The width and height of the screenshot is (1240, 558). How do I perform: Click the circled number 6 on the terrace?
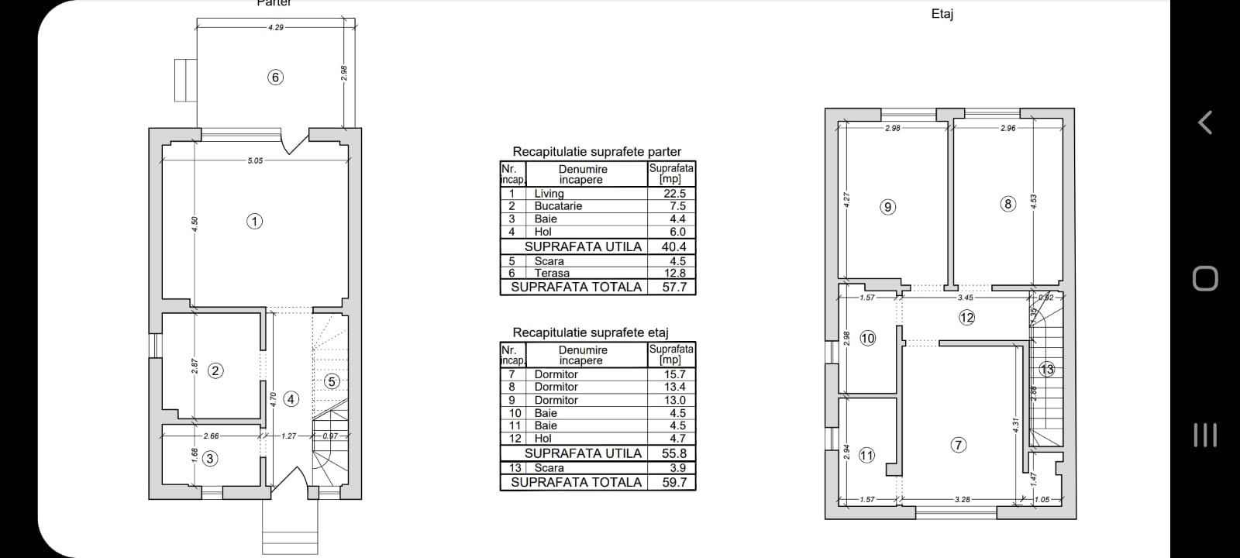tap(275, 77)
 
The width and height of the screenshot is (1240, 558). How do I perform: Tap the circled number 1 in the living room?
tap(254, 221)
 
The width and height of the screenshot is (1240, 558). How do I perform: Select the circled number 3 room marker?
tap(210, 458)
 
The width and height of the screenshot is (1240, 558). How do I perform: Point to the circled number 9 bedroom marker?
tap(888, 206)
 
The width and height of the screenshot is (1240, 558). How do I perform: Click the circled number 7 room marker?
tap(959, 445)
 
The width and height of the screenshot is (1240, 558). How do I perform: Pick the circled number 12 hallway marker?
tap(966, 317)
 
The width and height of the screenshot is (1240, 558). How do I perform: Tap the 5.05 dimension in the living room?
tap(255, 160)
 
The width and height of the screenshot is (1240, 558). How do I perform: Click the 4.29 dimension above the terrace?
tap(275, 27)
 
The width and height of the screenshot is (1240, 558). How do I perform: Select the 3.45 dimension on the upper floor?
tap(966, 297)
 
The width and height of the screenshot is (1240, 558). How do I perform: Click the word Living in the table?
tap(549, 194)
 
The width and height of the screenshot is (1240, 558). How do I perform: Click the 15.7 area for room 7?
tap(675, 374)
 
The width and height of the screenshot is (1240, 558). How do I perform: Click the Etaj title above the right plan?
tap(942, 14)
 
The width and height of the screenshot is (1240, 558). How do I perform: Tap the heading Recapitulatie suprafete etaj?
tap(590, 332)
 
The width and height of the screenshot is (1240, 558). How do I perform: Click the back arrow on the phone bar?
tap(1204, 122)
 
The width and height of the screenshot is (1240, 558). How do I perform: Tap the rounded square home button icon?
tap(1204, 278)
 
